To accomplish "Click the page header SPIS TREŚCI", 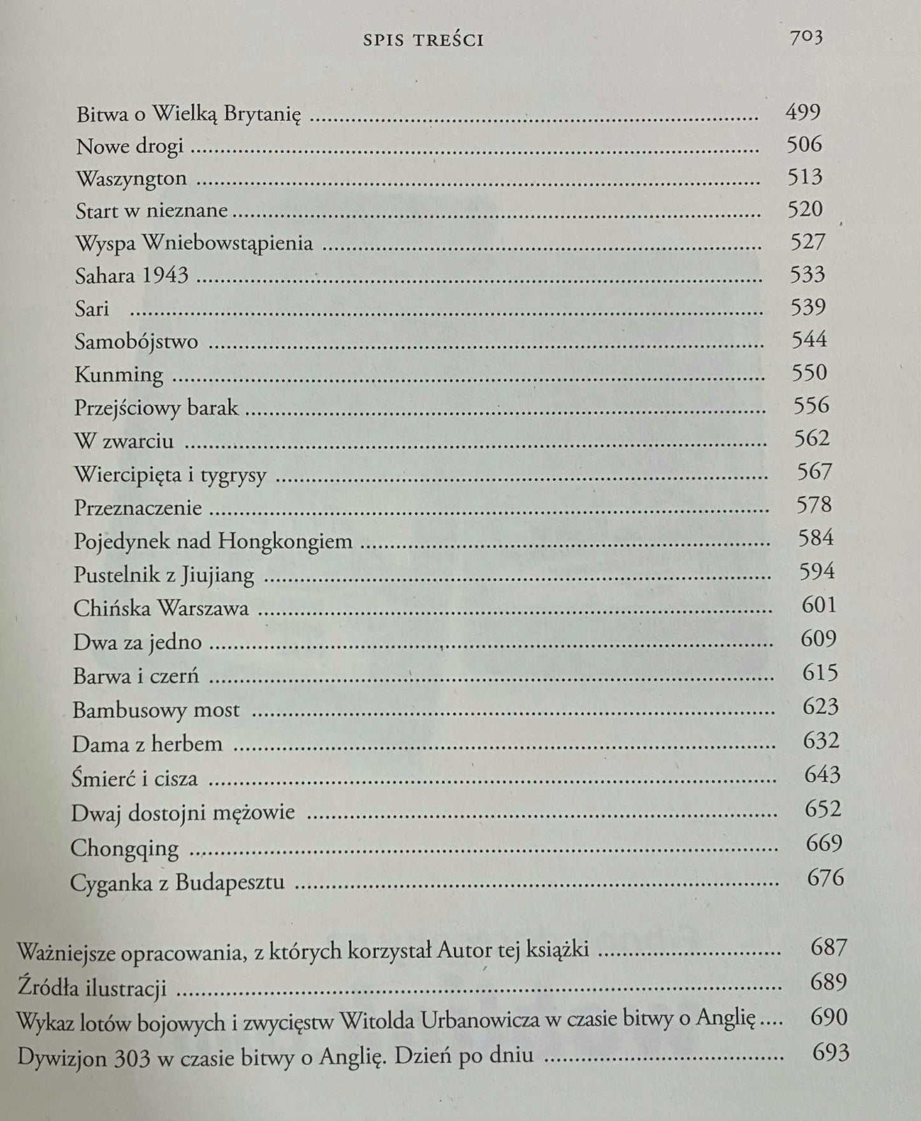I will tap(423, 40).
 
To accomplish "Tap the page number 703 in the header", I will tap(806, 38).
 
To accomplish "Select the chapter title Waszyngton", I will tap(131, 178).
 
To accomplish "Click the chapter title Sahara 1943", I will tap(131, 275).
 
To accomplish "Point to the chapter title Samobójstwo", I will tap(136, 342).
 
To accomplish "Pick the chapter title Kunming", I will tap(119, 374).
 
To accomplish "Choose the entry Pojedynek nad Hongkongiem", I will tap(213, 541).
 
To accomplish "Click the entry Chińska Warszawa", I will tap(161, 608).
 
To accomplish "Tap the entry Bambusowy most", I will tap(156, 709).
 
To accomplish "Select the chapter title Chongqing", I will tap(124, 848).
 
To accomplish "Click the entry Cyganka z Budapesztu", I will tap(177, 883).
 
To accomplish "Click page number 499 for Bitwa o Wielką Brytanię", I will tap(802, 112).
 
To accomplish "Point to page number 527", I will tap(807, 242).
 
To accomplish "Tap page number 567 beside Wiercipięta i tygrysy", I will tap(814, 472).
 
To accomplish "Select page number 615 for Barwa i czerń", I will tap(819, 672).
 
